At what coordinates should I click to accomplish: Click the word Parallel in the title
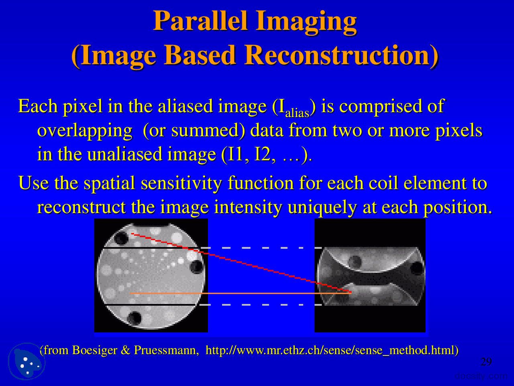200,21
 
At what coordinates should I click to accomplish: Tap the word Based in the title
199,55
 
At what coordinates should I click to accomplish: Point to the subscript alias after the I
297,113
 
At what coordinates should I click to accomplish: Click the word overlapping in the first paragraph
85,131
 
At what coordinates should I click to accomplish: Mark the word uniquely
322,207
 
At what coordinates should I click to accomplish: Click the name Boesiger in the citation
94,350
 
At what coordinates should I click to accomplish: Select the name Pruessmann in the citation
165,350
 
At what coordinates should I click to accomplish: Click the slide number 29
486,362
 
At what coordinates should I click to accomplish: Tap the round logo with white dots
27,361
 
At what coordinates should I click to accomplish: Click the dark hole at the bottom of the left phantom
134,318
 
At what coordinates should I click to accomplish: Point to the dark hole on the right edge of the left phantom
197,267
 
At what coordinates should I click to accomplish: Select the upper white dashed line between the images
261,248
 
